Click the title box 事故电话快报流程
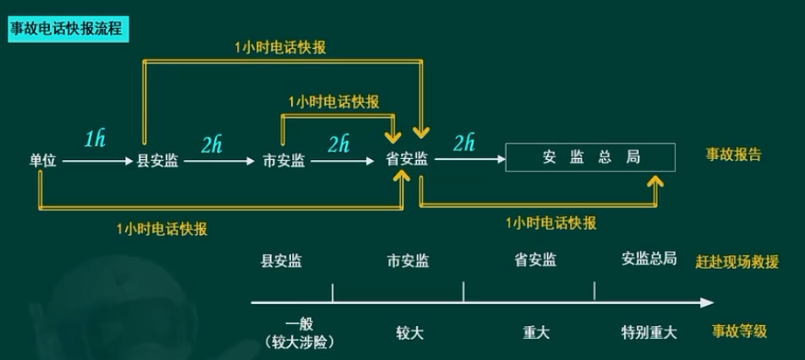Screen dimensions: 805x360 (x=68, y=30)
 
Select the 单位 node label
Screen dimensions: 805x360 (x=43, y=161)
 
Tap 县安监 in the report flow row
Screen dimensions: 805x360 (x=157, y=161)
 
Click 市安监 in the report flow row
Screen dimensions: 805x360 (x=284, y=161)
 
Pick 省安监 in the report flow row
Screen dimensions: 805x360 (x=407, y=160)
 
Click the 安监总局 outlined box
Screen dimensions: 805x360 (x=590, y=157)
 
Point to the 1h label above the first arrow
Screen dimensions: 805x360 (x=94, y=139)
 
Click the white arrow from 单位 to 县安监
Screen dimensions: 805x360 (x=98, y=162)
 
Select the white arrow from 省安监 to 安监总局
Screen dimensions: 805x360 (x=470, y=160)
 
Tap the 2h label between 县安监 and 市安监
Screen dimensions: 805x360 (x=212, y=145)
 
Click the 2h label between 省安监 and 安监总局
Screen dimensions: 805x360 (x=463, y=143)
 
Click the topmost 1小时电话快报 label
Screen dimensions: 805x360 (x=281, y=47)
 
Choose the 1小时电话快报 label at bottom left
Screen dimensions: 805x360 (x=163, y=229)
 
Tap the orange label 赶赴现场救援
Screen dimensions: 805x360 (x=737, y=262)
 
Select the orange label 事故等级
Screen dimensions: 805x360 (x=739, y=331)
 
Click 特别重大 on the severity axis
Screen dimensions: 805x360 (x=649, y=333)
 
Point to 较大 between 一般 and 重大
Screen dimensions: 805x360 (x=410, y=333)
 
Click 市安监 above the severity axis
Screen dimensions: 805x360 (x=408, y=261)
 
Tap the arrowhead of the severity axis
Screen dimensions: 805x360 (x=707, y=302)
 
